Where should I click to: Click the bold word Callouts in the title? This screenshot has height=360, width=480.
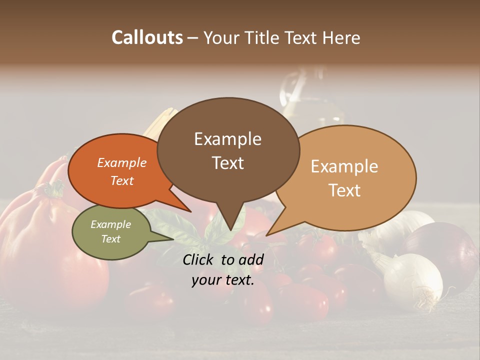tap(147, 37)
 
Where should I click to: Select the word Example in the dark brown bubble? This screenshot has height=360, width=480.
tap(227, 139)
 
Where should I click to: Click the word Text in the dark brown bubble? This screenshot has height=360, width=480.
tap(228, 162)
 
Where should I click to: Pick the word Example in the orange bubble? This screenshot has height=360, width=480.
tap(122, 162)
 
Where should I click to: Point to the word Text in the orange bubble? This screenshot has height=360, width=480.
tap(122, 180)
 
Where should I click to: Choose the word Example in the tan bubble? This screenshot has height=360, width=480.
tap(344, 166)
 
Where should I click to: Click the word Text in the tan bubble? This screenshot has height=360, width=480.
tap(345, 190)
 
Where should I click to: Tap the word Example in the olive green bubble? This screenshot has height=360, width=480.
tap(110, 224)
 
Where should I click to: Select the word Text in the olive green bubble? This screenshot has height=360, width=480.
tap(110, 239)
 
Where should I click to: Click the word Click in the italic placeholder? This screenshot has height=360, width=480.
tap(199, 259)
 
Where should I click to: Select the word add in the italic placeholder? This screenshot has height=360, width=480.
tap(251, 259)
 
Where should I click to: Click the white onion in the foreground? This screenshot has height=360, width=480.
tap(412, 280)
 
